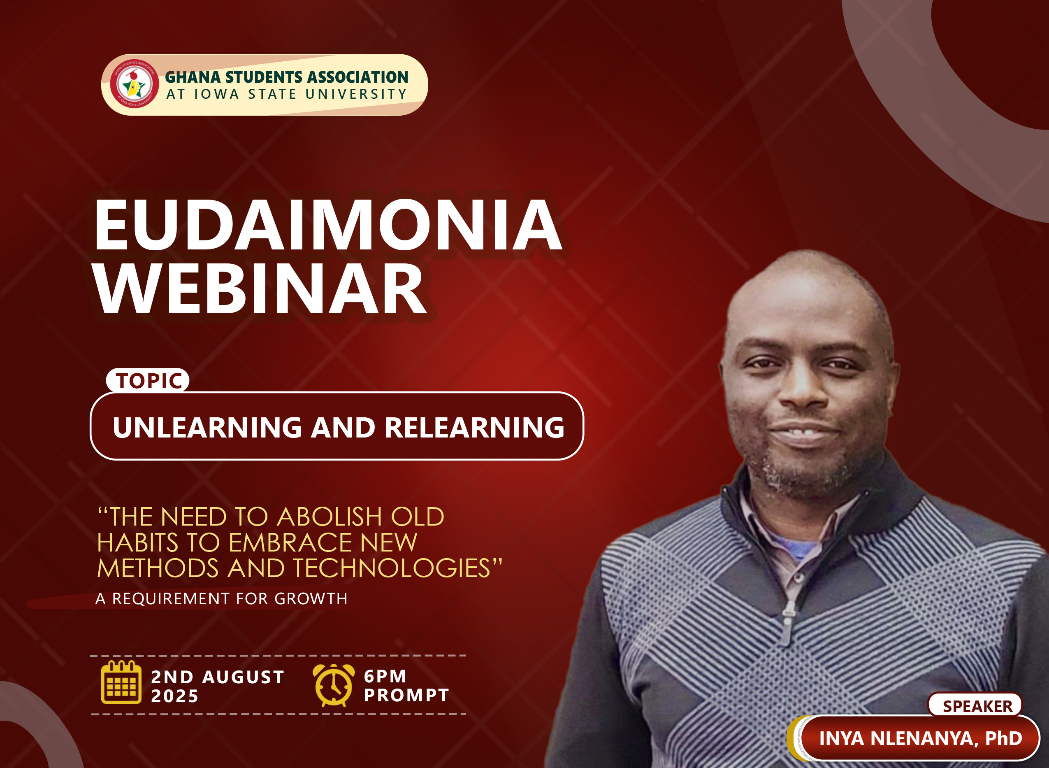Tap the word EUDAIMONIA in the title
pos(328,225)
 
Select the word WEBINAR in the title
pos(260,289)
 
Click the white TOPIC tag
pos(148,380)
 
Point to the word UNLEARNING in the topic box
pos(207,427)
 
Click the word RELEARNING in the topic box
pos(474,427)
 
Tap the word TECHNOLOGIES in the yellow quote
pos(391,568)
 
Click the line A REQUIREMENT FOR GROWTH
pos(222,599)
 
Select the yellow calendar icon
pos(121,682)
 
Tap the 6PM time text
pos(385,676)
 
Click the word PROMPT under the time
pos(406,696)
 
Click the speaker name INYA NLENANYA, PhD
pos(920,738)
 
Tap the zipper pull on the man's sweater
pos(785,625)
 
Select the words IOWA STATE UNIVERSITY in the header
pos(300,94)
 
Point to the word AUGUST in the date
pos(244,677)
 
